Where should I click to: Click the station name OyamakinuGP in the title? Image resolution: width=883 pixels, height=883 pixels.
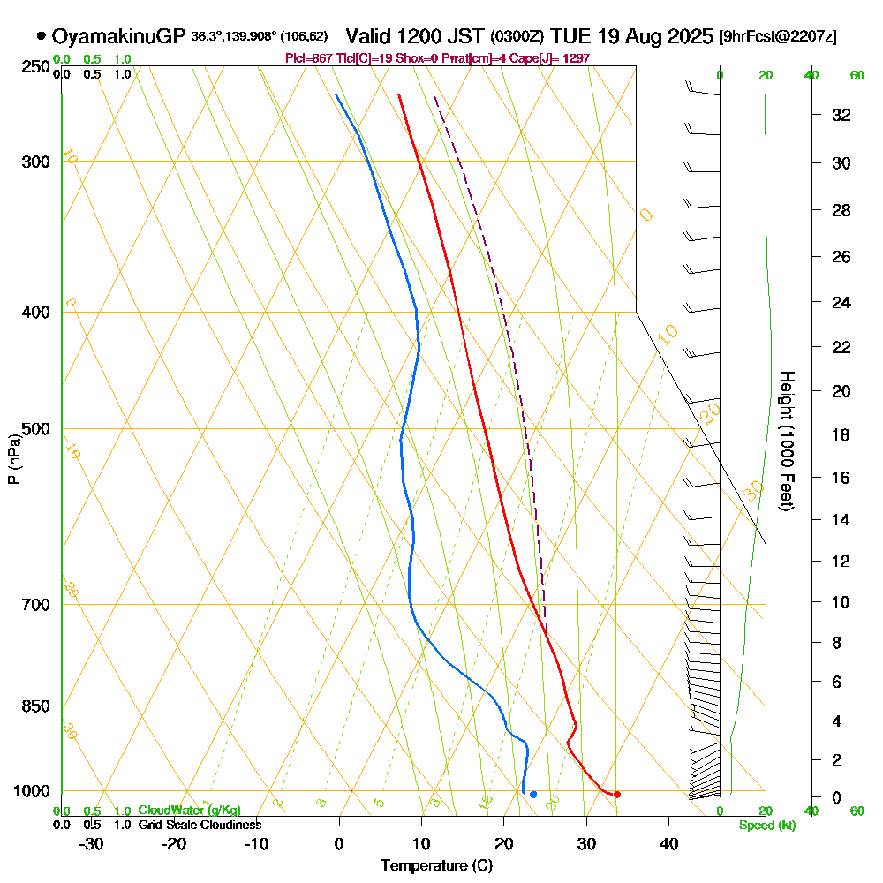pyautogui.click(x=119, y=36)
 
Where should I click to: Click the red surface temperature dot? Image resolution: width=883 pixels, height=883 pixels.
pyautogui.click(x=617, y=795)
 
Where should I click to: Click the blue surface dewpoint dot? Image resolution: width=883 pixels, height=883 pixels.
pyautogui.click(x=533, y=795)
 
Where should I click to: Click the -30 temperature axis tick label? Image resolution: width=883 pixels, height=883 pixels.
pyautogui.click(x=92, y=843)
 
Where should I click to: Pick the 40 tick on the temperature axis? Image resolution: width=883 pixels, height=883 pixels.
pyautogui.click(x=668, y=843)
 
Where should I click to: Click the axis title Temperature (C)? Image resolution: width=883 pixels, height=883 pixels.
pyautogui.click(x=436, y=865)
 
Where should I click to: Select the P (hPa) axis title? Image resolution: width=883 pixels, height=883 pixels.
pyautogui.click(x=14, y=459)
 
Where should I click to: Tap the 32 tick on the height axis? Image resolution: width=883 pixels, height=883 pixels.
pyautogui.click(x=841, y=115)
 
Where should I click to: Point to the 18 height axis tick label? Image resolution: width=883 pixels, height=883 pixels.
pyautogui.click(x=841, y=434)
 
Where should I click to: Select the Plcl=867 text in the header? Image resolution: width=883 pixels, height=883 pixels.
pyautogui.click(x=309, y=58)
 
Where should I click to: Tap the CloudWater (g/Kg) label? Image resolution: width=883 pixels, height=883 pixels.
pyautogui.click(x=189, y=811)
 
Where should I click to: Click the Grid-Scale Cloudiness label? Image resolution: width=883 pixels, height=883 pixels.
pyautogui.click(x=200, y=825)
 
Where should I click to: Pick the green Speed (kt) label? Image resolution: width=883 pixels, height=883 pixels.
pyautogui.click(x=767, y=825)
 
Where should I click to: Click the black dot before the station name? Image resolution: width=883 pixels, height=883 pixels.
pyautogui.click(x=41, y=36)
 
